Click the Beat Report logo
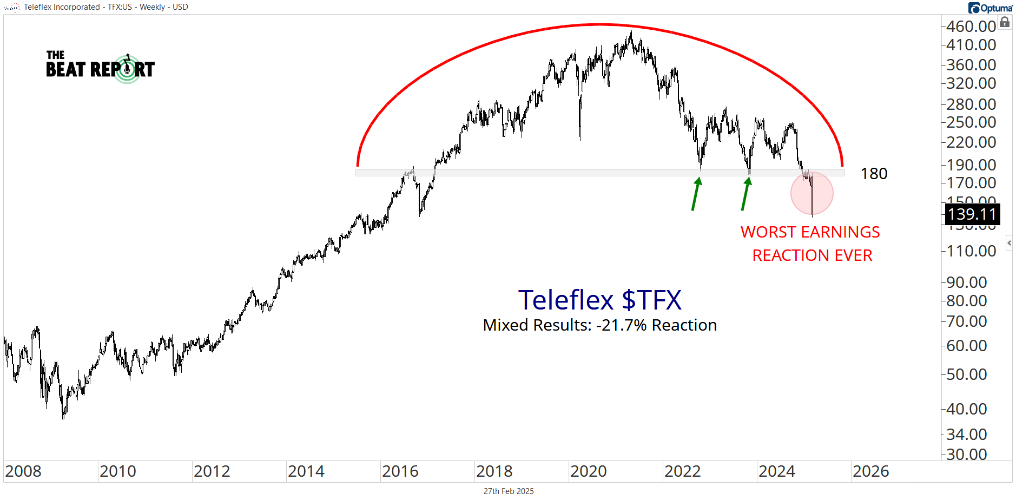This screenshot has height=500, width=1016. point(100,67)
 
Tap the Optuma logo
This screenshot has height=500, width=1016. point(990,8)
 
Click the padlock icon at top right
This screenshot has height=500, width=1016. point(1005,22)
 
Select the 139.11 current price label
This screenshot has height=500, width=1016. point(972,214)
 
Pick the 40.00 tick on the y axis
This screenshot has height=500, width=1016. point(967,409)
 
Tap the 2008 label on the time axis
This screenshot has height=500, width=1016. point(23,471)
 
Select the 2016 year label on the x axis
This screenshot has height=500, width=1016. point(400,471)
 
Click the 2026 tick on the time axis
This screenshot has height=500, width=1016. point(870,471)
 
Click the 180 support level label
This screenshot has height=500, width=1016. point(874,174)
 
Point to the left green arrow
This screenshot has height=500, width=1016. point(696,193)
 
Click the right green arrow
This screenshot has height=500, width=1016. point(746,193)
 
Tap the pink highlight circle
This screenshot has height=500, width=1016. point(812,193)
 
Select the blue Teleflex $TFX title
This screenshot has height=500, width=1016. point(599,300)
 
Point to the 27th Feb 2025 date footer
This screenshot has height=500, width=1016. point(509,491)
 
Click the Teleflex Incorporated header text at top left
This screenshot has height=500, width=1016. point(62,7)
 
